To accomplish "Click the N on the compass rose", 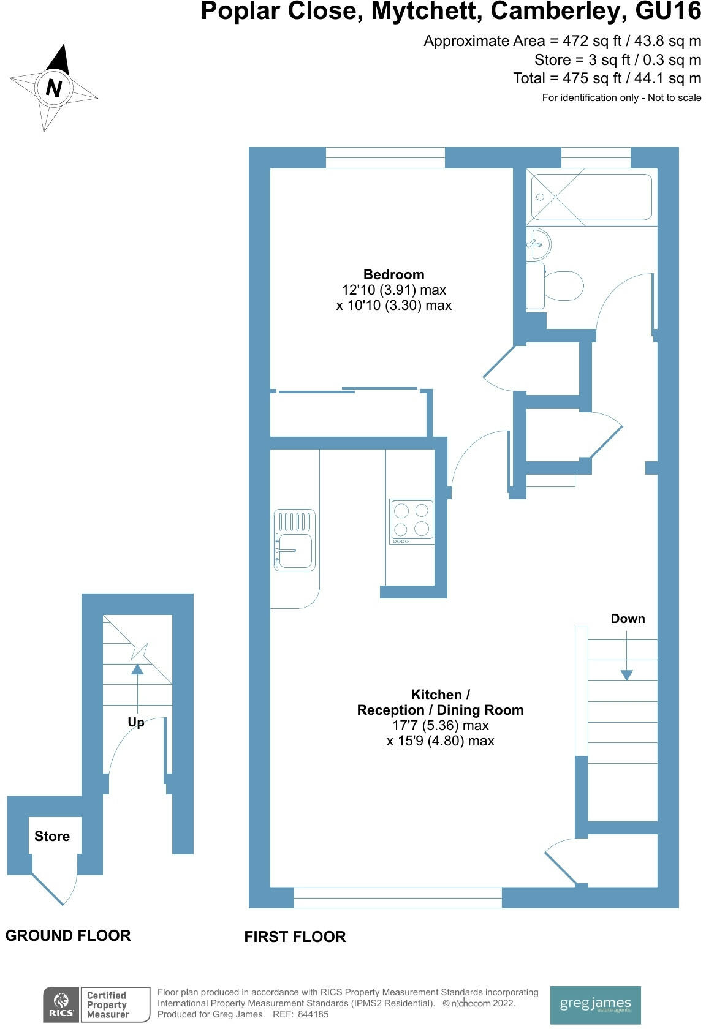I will coord(54,88).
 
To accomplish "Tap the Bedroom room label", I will coord(393,274).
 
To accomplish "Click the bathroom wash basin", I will coord(538,244).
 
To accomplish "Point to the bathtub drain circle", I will coord(540,197).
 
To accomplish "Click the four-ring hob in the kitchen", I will coord(411,520).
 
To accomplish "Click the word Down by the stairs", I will coord(628,619).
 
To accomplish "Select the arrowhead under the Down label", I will coord(626,675).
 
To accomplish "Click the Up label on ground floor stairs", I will coord(136,722).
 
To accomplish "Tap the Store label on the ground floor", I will coord(52,836).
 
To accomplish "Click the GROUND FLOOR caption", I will coord(68,935).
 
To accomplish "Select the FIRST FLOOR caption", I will coord(295,937).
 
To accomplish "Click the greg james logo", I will coord(595,1005).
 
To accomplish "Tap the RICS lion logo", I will coord(61,1005).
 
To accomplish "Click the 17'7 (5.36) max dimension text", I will coord(440,725).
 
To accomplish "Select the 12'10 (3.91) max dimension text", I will coord(393,290).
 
